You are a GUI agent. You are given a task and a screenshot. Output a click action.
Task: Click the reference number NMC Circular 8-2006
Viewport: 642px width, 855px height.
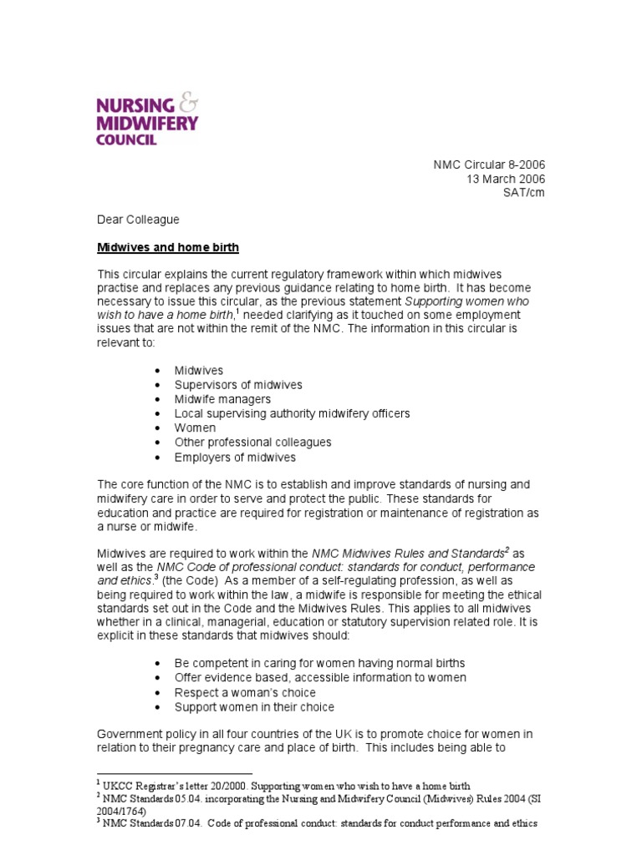(x=488, y=165)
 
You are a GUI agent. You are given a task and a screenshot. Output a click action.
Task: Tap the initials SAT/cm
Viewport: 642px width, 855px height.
(x=523, y=192)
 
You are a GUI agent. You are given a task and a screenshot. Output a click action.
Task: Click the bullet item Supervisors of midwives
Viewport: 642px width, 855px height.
(x=237, y=385)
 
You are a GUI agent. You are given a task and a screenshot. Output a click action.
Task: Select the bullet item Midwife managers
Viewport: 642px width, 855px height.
(x=222, y=399)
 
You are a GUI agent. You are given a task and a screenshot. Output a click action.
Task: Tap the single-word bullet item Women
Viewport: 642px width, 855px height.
(x=195, y=427)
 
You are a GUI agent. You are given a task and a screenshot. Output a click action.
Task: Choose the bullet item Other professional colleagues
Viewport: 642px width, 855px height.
(x=252, y=442)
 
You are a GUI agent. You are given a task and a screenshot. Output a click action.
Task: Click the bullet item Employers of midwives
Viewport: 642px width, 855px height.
(x=235, y=457)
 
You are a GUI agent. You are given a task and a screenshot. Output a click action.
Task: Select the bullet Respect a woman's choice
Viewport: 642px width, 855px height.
(x=245, y=692)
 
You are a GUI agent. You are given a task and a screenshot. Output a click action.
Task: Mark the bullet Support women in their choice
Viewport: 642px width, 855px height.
(x=254, y=706)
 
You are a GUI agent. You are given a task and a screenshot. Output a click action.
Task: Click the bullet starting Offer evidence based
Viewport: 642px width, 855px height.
(x=320, y=677)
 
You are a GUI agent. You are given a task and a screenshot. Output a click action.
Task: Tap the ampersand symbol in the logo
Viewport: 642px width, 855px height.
(x=189, y=104)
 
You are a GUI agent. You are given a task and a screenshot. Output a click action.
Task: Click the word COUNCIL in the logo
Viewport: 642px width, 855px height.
(x=127, y=139)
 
